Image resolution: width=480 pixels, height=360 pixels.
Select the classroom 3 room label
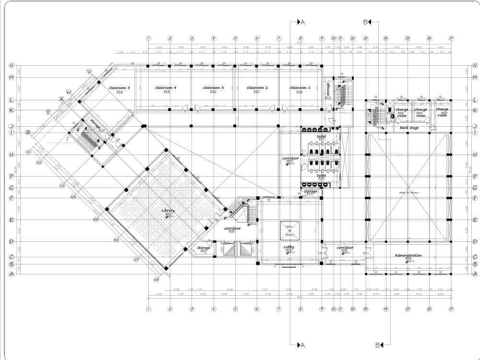click(214, 88)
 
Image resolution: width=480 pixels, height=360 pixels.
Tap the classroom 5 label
click(120, 88)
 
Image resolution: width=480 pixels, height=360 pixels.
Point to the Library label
click(168, 210)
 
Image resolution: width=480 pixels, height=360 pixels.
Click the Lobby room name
click(289, 247)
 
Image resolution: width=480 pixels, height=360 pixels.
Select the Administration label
click(408, 255)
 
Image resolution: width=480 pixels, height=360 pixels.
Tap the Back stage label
click(409, 128)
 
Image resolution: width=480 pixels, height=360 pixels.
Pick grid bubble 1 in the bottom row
click(148, 309)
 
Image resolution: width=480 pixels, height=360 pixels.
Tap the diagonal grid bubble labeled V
click(89, 71)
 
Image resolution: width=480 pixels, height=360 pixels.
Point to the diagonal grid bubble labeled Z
click(28, 132)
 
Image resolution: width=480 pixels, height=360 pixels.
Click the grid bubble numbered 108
click(156, 279)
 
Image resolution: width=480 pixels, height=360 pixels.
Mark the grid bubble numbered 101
click(29, 152)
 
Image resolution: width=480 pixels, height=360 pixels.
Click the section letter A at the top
click(303, 22)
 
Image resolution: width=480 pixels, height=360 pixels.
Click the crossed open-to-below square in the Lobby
click(289, 231)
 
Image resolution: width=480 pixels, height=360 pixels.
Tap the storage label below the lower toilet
click(310, 191)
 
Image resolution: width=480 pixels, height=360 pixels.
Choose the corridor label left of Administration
click(345, 247)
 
